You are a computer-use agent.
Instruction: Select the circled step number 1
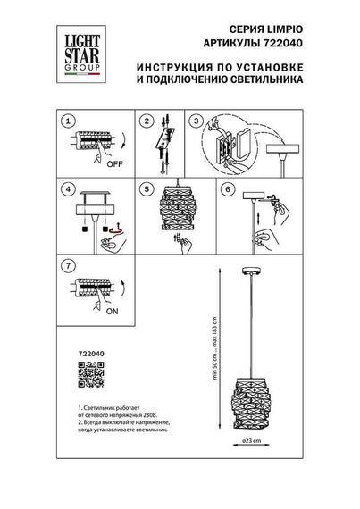tap(64, 120)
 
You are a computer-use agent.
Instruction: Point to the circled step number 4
tap(64, 189)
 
